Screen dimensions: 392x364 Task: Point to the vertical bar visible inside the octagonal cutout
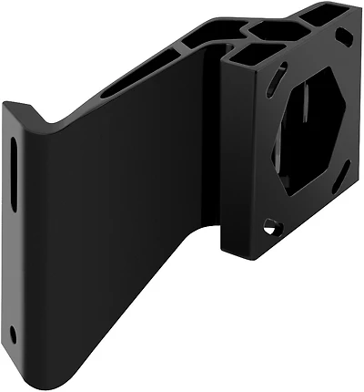click(x=306, y=137)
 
